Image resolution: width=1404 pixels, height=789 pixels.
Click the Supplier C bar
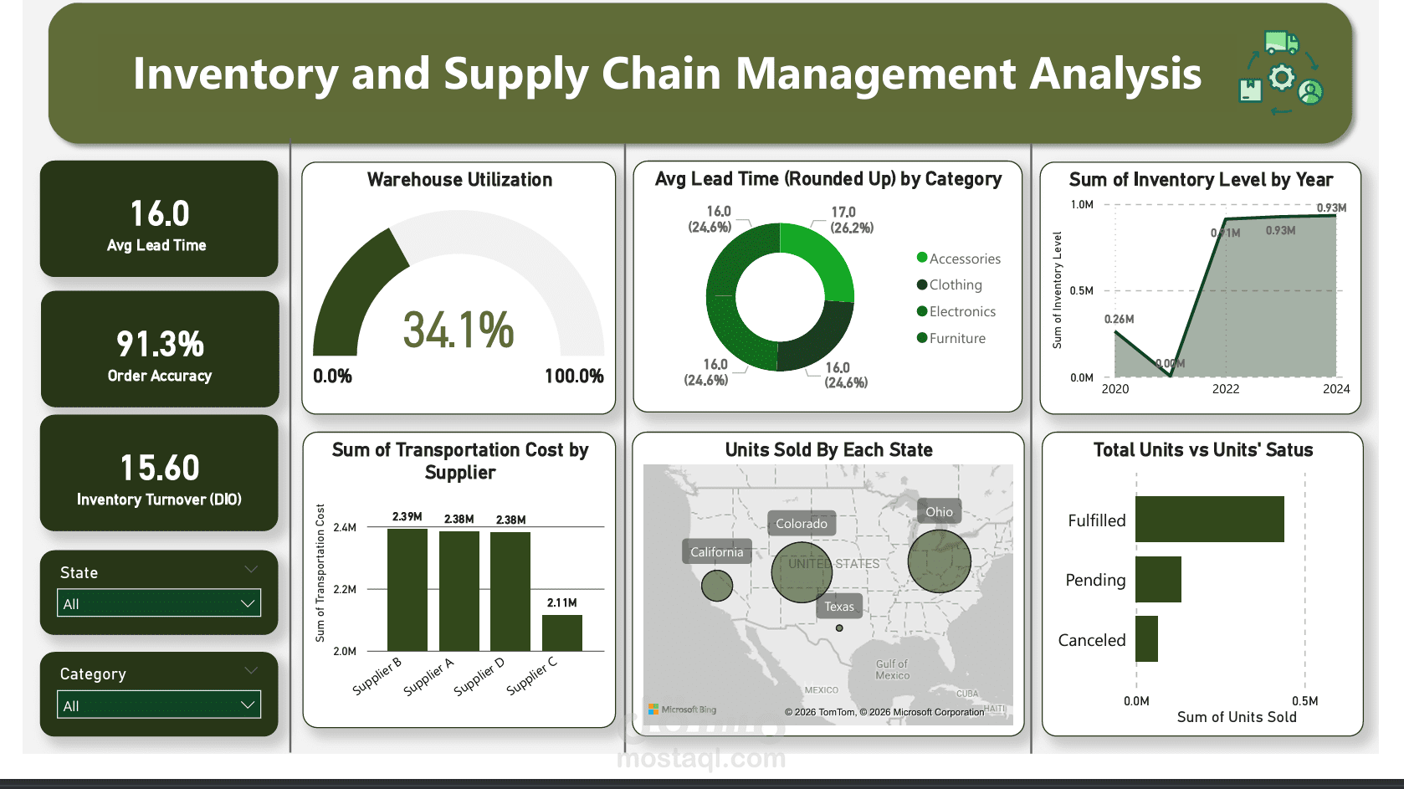561,633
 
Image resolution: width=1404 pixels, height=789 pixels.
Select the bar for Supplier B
407,590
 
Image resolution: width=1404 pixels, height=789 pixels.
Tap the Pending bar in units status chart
1158,579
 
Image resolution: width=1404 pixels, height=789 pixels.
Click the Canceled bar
1146,639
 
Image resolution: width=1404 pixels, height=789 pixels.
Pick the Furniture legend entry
956,338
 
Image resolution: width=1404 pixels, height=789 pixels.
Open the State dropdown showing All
159,603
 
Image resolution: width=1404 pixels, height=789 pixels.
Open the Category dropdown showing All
159,705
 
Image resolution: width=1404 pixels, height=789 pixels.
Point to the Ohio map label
939,512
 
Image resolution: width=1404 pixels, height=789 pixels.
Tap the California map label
716,552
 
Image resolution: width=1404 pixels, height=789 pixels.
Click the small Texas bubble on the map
839,628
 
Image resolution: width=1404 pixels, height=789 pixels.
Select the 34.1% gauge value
458,330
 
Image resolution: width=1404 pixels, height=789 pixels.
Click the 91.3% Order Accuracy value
160,344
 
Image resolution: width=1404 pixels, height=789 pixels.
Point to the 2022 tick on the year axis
1226,389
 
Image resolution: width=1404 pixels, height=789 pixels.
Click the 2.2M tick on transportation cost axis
345,589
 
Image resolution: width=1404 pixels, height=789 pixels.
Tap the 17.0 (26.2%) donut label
851,220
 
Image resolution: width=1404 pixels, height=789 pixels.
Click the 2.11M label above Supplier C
561,602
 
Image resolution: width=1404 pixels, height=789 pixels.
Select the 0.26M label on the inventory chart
1119,319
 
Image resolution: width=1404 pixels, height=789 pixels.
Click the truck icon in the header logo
1281,42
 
